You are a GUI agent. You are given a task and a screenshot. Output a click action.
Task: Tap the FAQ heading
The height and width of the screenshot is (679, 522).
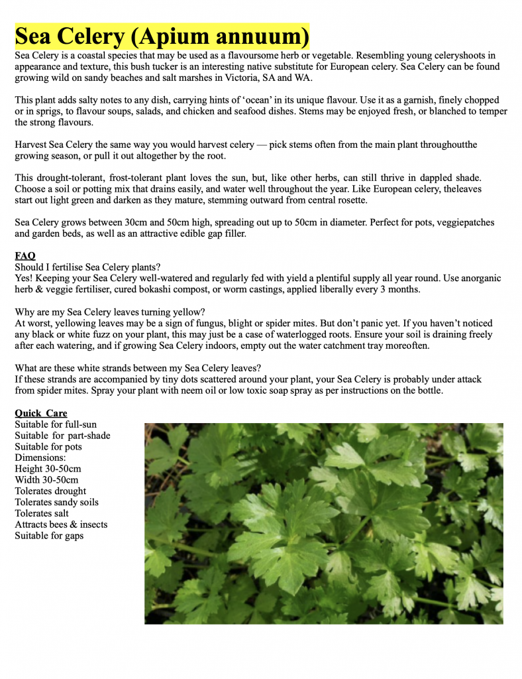(25, 255)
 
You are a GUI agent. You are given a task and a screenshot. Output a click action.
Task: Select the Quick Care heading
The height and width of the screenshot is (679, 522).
(41, 413)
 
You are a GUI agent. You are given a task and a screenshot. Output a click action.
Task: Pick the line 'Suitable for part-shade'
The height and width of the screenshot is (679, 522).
(62, 436)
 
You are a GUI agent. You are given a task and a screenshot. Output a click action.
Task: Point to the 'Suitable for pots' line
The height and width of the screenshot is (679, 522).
(49, 446)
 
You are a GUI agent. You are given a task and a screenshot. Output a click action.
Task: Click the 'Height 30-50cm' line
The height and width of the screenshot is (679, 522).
(48, 469)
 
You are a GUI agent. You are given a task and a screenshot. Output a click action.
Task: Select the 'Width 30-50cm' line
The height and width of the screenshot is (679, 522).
(46, 479)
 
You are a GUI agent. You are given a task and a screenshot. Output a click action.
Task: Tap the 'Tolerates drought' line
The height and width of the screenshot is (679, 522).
(50, 491)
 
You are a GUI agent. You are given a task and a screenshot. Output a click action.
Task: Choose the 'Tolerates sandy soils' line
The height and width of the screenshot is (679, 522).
(56, 502)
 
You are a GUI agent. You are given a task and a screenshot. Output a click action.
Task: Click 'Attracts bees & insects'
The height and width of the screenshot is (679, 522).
(61, 524)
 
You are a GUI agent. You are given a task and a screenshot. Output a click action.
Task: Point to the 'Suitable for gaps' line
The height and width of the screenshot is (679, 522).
(49, 535)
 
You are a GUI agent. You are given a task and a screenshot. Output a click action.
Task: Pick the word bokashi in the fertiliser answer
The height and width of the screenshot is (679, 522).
(167, 289)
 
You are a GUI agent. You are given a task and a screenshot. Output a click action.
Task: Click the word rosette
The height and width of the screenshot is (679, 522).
(350, 200)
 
